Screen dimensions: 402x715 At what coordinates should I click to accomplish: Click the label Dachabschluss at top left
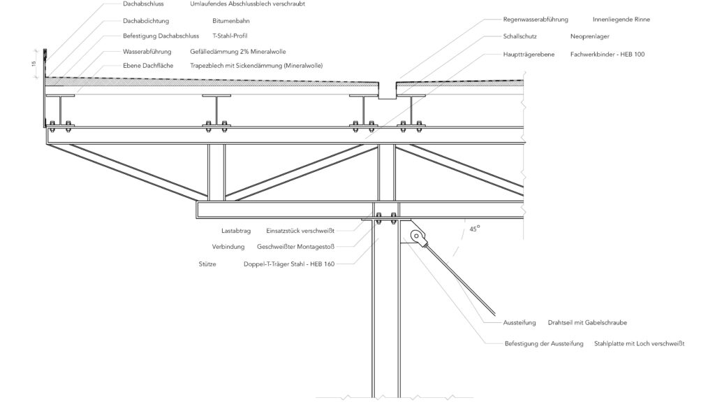click(142, 3)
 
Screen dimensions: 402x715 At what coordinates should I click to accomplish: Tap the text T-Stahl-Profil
click(230, 36)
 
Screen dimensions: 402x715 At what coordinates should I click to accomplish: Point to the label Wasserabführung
click(147, 52)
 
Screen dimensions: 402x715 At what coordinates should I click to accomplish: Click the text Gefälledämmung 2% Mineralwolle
click(237, 52)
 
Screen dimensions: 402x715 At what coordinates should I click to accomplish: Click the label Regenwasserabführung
click(536, 20)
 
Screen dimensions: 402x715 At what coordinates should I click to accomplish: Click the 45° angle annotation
click(474, 229)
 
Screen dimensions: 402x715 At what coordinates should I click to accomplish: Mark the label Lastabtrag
click(235, 229)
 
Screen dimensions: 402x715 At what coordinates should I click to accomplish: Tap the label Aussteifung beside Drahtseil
click(519, 322)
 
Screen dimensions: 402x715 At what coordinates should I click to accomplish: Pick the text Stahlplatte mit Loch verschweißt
click(639, 344)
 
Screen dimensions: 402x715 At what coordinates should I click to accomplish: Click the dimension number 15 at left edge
click(33, 64)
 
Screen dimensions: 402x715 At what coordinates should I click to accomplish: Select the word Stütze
click(208, 264)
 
